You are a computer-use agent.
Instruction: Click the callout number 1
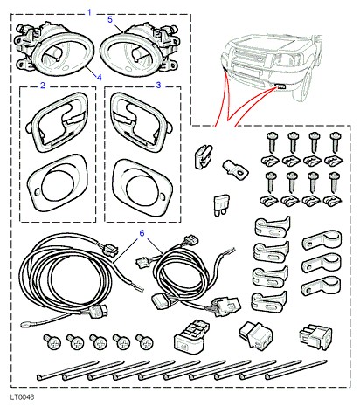[89, 12]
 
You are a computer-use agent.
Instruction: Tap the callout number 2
[43, 86]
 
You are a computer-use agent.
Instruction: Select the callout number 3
[158, 86]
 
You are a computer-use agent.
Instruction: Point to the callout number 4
[100, 78]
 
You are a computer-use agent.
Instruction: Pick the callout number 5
[110, 19]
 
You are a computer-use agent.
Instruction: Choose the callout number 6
[142, 233]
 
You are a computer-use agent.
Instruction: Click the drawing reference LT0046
[22, 397]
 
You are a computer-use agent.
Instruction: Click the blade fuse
[221, 205]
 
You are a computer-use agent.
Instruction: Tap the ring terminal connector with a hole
[235, 169]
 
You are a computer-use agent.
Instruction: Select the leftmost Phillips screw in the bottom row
[52, 341]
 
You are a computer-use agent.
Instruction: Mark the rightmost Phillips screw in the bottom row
[144, 341]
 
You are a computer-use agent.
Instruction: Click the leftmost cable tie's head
[39, 377]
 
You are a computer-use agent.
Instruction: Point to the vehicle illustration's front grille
[251, 58]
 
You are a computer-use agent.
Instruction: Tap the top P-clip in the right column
[322, 239]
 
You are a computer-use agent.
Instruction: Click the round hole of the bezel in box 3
[142, 189]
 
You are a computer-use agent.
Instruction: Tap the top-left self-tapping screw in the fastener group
[273, 141]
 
